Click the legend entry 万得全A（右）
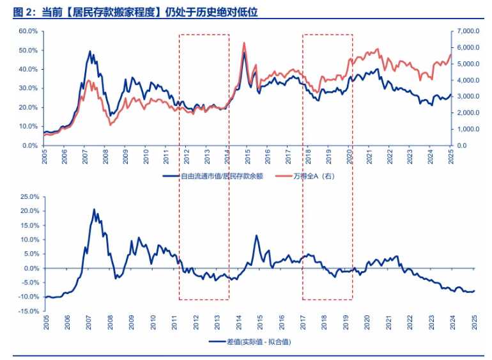pyautogui.click(x=312, y=176)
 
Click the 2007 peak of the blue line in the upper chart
pyautogui.click(x=90, y=52)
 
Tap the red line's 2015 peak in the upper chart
pyautogui.click(x=244, y=43)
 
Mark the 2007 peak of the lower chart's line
pyautogui.click(x=94, y=209)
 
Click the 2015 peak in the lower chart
pyautogui.click(x=256, y=235)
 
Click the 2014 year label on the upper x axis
pyautogui.click(x=228, y=157)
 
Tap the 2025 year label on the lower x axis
pyautogui.click(x=474, y=323)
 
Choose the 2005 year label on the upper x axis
pyautogui.click(x=45, y=157)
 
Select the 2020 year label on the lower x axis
pyautogui.click(x=367, y=323)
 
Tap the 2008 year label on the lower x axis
pyautogui.click(x=110, y=323)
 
